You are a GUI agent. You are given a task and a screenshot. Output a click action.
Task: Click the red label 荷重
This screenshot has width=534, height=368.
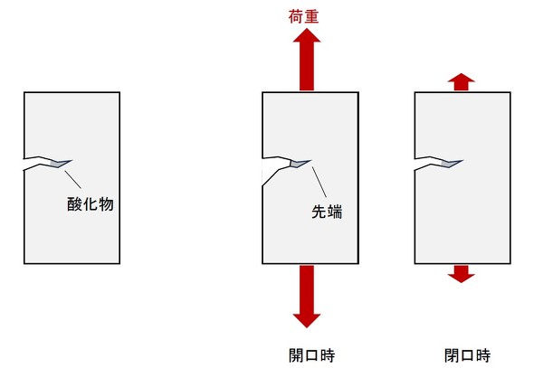click(x=303, y=16)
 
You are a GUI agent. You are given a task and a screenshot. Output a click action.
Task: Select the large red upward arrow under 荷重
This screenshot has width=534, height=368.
click(x=307, y=60)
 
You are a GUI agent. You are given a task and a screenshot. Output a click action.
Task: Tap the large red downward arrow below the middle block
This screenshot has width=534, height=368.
click(x=307, y=297)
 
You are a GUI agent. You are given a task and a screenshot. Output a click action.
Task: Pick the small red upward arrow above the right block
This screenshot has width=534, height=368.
click(x=461, y=82)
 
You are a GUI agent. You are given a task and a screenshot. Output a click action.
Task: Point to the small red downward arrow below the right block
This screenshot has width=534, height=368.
click(x=461, y=274)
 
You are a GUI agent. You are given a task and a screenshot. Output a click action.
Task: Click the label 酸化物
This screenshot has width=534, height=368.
click(x=91, y=204)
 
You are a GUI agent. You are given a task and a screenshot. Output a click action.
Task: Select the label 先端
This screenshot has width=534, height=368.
click(x=327, y=212)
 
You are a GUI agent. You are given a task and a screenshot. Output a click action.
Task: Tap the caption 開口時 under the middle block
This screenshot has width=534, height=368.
click(x=311, y=355)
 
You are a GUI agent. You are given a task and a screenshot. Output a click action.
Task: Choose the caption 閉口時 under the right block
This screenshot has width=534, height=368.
click(x=467, y=355)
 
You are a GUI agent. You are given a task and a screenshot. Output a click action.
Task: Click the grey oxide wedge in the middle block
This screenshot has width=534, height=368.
click(x=299, y=164)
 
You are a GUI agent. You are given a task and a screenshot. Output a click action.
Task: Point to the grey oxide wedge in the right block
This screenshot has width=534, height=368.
click(x=451, y=164)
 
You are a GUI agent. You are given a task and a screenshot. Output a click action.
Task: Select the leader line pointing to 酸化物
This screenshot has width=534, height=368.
click(x=73, y=180)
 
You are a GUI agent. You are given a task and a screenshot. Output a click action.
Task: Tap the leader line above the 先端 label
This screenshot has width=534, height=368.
click(x=319, y=182)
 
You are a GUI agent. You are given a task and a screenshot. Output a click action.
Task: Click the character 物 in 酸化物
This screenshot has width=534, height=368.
click(x=106, y=204)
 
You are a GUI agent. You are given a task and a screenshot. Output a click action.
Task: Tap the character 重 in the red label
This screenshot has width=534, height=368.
click(x=311, y=16)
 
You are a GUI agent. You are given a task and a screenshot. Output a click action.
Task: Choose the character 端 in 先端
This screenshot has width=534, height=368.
click(x=335, y=212)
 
